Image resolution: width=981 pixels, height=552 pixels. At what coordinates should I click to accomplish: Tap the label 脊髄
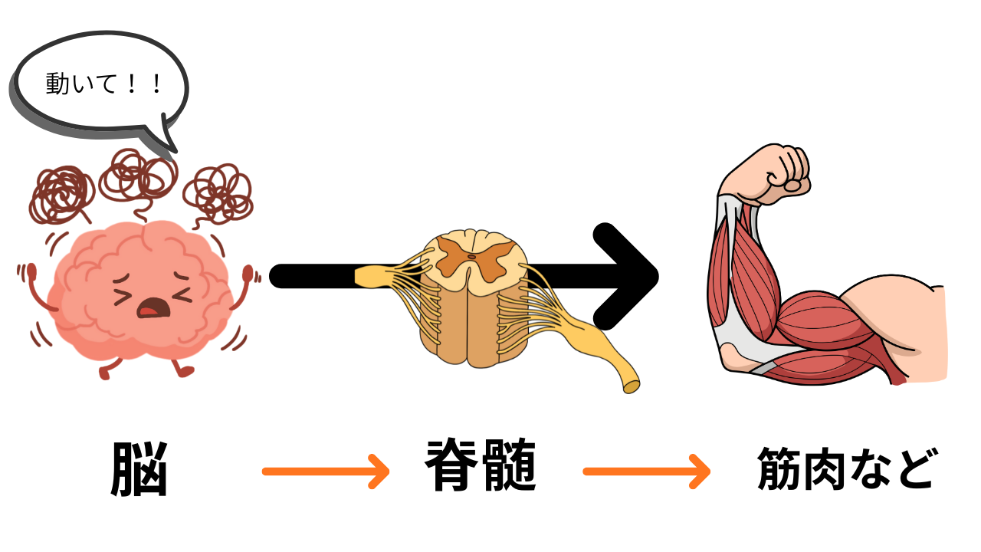click(x=481, y=465)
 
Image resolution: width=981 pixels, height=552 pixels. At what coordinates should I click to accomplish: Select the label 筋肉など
click(x=845, y=468)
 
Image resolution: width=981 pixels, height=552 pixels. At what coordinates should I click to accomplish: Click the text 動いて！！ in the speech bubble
click(x=104, y=83)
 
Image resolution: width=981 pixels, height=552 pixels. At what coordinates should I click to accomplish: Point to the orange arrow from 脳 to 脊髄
click(x=326, y=471)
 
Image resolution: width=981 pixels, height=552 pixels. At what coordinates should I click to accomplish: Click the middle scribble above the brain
click(x=139, y=175)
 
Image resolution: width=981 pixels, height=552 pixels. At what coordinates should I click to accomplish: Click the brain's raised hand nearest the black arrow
click(x=248, y=274)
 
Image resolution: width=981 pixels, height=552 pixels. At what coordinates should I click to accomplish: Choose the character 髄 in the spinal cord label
click(x=510, y=465)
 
